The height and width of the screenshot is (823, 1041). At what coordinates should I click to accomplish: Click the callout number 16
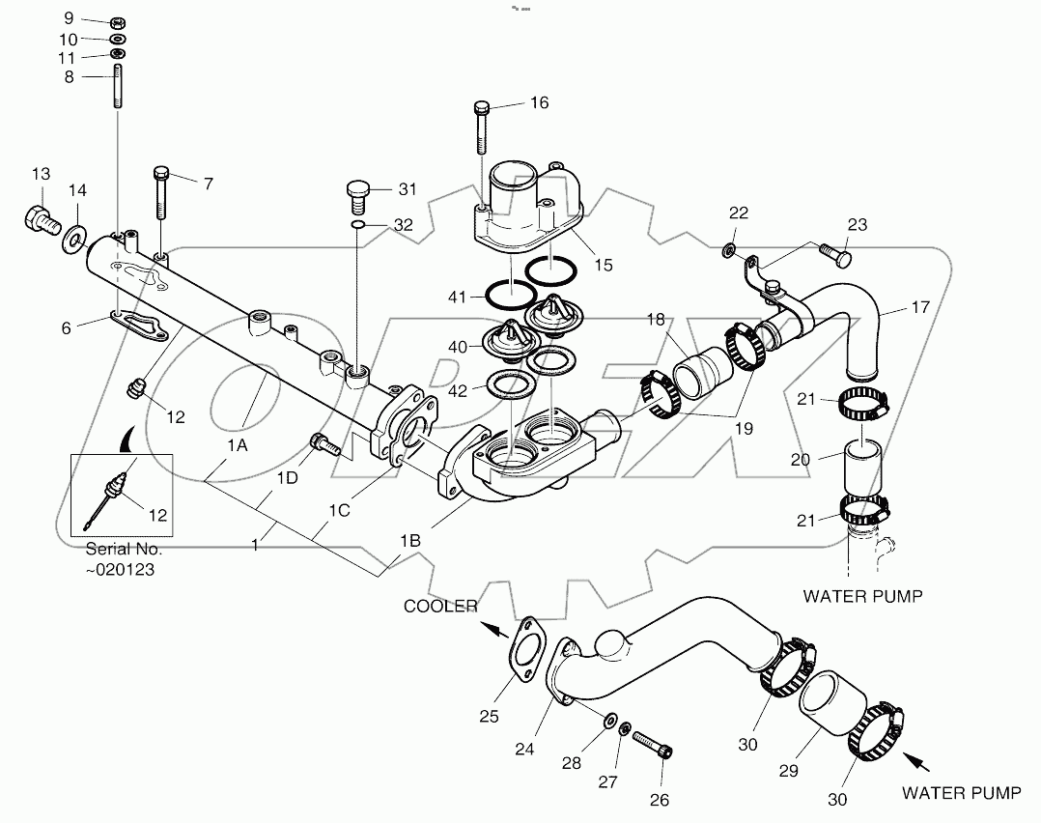click(539, 102)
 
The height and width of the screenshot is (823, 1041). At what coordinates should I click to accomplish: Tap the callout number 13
click(40, 174)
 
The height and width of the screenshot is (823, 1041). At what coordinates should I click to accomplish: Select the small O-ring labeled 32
click(358, 225)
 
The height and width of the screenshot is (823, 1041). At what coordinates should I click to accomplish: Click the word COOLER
click(440, 606)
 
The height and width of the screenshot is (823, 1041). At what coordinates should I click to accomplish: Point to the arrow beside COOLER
click(492, 629)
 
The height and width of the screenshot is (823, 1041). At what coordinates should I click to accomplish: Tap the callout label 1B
click(410, 541)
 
